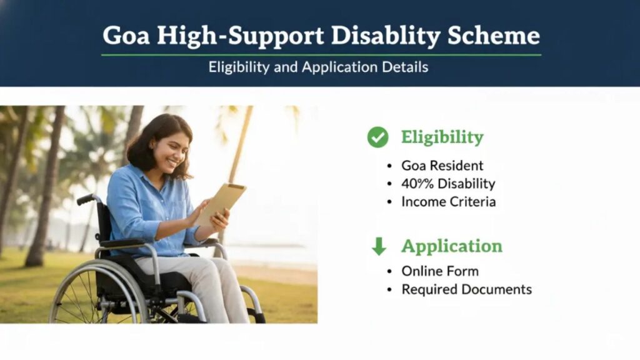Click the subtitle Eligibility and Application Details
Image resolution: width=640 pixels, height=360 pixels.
pos(319,67)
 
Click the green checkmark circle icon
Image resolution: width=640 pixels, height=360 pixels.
pos(377,137)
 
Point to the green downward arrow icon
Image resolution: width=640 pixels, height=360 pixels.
pos(379,246)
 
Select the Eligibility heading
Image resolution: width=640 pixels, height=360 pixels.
pos(442,137)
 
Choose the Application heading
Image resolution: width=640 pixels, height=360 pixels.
pos(451,246)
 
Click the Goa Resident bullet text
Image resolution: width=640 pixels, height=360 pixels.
pos(442,166)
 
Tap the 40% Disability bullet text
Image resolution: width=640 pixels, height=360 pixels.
pos(448,184)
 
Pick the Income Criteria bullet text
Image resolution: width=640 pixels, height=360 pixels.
pos(448,202)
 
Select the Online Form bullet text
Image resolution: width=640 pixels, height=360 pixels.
pos(439,271)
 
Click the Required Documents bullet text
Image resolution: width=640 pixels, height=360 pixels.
pos(466,289)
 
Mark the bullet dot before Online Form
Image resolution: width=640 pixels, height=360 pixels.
pos(389,272)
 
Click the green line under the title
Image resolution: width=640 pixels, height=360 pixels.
pos(321,55)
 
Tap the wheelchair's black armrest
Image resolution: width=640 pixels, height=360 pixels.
pos(122,243)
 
